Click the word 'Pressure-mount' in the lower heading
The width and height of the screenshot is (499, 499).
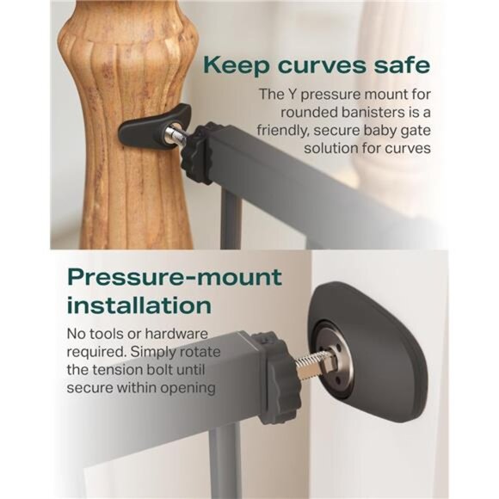[x=175, y=277]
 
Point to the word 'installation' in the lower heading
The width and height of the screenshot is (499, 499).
[x=139, y=305]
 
